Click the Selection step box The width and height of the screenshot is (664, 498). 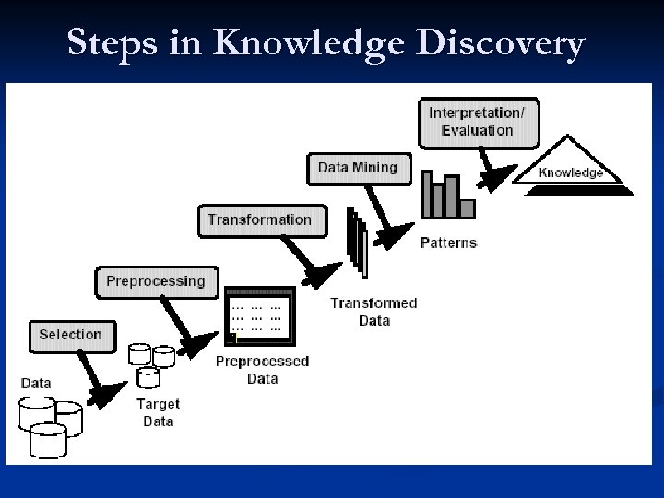71,335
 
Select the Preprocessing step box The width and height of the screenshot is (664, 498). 156,281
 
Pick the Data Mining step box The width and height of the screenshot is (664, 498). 357,168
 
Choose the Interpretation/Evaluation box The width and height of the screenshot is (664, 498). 477,122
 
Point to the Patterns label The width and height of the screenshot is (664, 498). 448,243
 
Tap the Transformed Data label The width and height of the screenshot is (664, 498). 373,312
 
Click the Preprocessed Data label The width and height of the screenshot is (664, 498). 262,369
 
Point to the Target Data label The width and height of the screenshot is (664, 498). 158,412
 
